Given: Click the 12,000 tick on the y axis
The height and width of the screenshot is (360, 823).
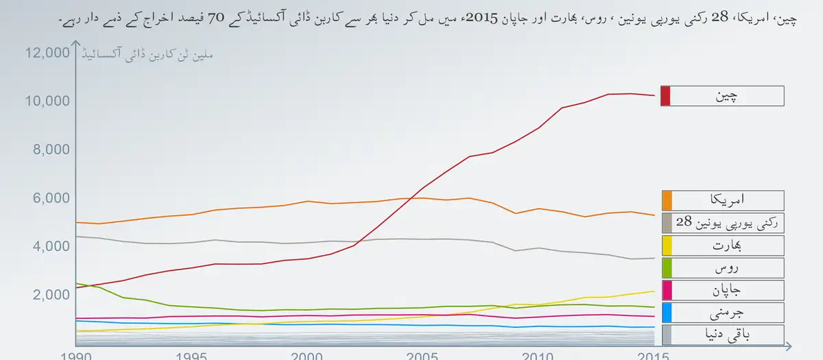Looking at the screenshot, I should [x=46, y=53].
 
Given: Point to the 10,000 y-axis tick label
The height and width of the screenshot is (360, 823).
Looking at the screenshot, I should [x=46, y=101].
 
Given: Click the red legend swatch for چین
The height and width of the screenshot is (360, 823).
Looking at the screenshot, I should [x=665, y=96].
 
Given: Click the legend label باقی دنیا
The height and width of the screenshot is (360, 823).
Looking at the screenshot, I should [x=726, y=335].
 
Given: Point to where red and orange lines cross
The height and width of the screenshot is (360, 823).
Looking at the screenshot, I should [x=410, y=198].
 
